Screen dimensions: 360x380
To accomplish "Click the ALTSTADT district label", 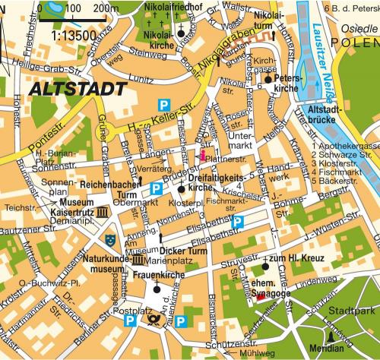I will click(78, 89).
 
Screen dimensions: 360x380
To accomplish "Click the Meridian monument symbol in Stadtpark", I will click(331, 336).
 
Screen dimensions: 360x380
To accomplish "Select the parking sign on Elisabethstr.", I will click(238, 221).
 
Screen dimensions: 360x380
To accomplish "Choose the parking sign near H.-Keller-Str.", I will click(160, 103).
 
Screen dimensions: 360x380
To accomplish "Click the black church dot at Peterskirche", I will click(268, 78).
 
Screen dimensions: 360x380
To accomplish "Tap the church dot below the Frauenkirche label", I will click(156, 289).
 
